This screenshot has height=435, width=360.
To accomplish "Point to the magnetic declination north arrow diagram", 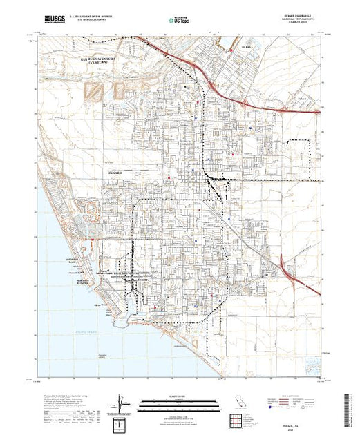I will click(122, 403).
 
